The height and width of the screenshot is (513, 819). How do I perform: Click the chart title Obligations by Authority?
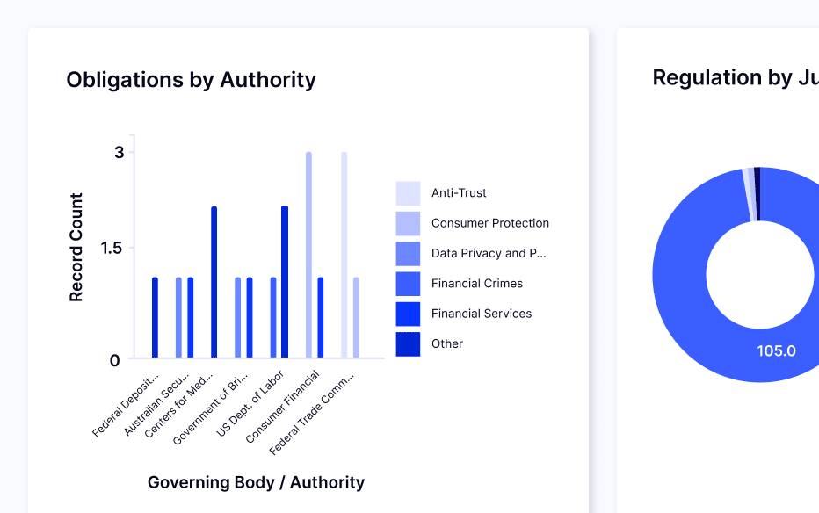[191, 80]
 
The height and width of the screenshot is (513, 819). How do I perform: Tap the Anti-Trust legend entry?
[458, 193]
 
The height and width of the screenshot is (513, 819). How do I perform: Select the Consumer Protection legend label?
[489, 223]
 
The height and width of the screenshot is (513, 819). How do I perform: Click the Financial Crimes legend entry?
[476, 284]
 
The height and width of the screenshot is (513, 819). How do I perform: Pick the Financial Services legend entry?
[481, 314]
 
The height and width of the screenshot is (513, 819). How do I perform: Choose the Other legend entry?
[446, 343]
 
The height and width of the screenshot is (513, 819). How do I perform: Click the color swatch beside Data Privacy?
[408, 254]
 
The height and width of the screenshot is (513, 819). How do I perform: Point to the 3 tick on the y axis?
[119, 153]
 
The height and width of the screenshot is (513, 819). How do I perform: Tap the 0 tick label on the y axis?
[115, 360]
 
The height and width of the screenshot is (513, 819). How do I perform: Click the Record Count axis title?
[76, 248]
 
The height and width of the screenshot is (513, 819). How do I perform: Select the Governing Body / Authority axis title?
[256, 482]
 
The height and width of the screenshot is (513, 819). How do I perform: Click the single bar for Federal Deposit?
[155, 318]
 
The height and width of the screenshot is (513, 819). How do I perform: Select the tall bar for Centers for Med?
[214, 282]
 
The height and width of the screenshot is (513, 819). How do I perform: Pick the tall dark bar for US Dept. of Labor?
[285, 282]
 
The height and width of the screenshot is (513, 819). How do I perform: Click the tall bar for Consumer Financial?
[308, 255]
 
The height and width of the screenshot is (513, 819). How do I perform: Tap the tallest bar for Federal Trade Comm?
[344, 255]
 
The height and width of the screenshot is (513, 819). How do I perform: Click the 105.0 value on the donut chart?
[776, 351]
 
